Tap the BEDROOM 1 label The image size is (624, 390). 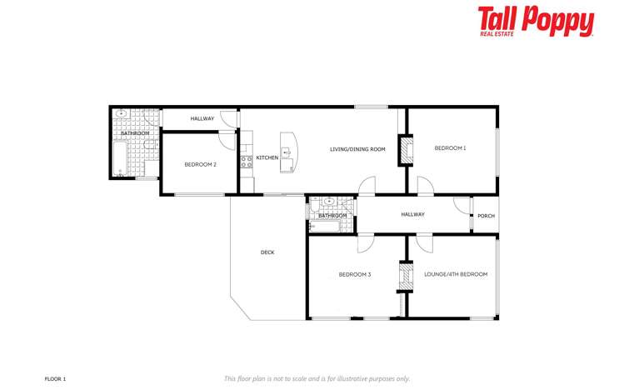[450, 148]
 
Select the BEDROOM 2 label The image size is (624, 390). [200, 164]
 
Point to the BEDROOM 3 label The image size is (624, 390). [354, 274]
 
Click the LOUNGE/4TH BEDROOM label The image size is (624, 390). [456, 274]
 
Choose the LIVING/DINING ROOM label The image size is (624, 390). [357, 149]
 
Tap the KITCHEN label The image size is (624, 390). [267, 157]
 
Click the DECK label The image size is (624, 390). [267, 252]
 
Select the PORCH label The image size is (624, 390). [486, 216]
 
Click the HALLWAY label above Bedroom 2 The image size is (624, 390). [202, 118]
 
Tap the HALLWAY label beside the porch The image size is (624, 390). [412, 214]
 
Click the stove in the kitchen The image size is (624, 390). [247, 162]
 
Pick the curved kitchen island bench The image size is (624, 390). [289, 152]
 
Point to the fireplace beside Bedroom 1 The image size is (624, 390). [407, 150]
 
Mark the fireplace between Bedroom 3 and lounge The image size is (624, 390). [406, 277]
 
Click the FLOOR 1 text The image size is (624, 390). [55, 378]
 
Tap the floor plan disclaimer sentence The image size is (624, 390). [317, 378]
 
